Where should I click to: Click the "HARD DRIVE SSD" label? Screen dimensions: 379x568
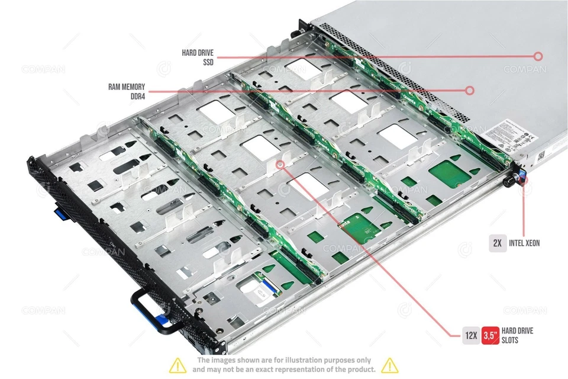pyautogui.click(x=198, y=57)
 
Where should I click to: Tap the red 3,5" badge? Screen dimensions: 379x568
pyautogui.click(x=490, y=335)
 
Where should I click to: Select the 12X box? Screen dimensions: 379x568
pyautogui.click(x=470, y=335)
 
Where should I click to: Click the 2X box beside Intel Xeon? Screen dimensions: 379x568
pyautogui.click(x=497, y=243)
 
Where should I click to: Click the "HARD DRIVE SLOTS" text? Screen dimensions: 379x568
pyautogui.click(x=517, y=335)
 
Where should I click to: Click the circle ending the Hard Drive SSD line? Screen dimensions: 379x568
pyautogui.click(x=538, y=56)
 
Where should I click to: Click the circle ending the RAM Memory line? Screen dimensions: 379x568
pyautogui.click(x=470, y=91)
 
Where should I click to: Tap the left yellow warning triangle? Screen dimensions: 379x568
pyautogui.click(x=177, y=365)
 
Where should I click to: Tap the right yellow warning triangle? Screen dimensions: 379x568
pyautogui.click(x=389, y=365)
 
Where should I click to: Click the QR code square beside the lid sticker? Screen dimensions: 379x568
pyautogui.click(x=540, y=156)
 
